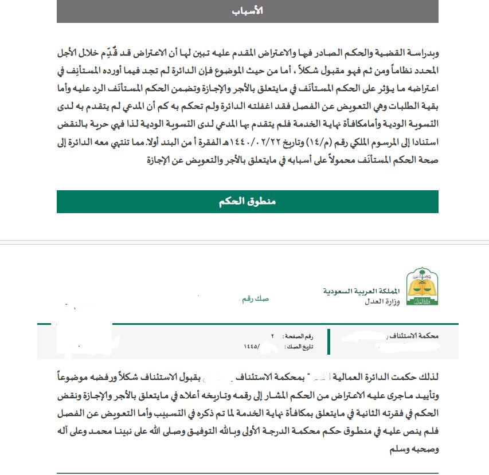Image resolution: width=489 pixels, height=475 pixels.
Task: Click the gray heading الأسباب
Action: (248, 11)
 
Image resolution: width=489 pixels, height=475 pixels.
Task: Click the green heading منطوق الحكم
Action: (248, 202)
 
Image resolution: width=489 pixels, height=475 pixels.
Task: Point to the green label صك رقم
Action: (254, 299)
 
